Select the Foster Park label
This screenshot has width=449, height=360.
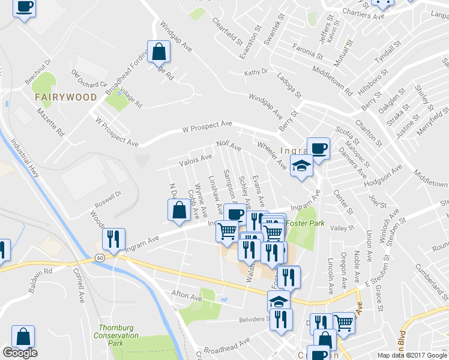[x=304, y=223]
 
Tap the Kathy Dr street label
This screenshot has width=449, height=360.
[x=256, y=73]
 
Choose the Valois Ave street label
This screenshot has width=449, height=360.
[x=196, y=159]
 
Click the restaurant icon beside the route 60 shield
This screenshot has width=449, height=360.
[x=113, y=239]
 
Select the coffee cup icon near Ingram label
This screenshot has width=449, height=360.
[x=318, y=148]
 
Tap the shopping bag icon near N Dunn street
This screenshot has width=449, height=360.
[x=179, y=210]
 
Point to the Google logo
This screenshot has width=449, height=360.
[x=20, y=353]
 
